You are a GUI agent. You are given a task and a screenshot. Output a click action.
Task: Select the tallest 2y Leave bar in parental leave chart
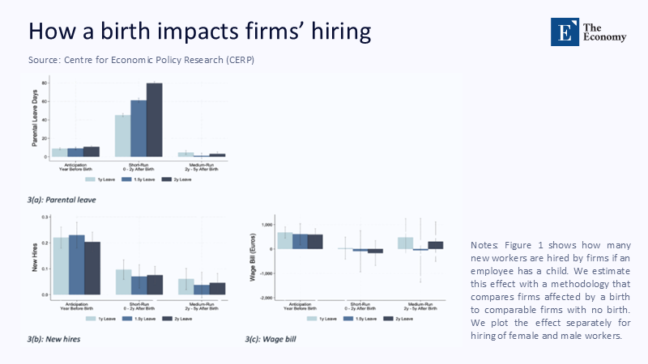tap(154, 119)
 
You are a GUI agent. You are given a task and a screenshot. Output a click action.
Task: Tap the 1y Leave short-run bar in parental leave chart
tap(122, 135)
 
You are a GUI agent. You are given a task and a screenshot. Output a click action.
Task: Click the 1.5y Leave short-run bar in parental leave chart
tap(139, 128)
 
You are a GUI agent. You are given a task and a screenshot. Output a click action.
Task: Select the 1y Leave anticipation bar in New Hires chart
tap(61, 267)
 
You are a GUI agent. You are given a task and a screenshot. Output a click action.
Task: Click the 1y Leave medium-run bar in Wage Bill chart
tap(406, 243)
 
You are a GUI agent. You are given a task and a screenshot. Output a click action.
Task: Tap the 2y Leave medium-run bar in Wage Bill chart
tap(436, 244)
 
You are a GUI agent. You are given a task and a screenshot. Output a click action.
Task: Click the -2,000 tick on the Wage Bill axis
tap(266, 298)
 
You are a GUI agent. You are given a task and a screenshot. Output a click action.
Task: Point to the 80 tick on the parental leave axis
tap(45, 84)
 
